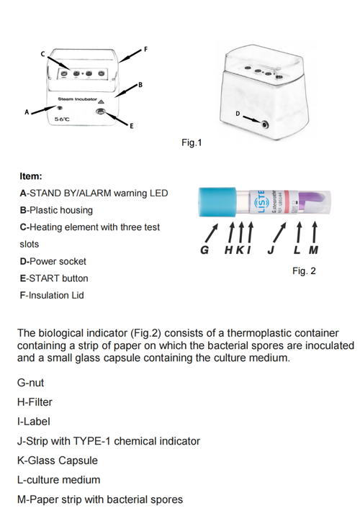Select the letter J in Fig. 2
coord(269,251)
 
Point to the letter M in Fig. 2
coord(314,251)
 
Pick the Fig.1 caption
coord(191,142)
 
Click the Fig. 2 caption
coord(304,271)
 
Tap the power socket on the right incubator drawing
coord(266,124)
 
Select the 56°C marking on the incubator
coord(63,117)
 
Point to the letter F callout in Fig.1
coord(146,48)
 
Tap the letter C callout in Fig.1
coord(42,55)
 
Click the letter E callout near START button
coord(131,127)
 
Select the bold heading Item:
coord(31,176)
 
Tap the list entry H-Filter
coord(35,402)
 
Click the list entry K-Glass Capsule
coord(58,460)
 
